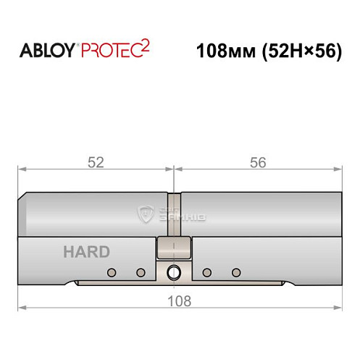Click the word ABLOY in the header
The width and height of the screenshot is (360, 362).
pyautogui.click(x=46, y=51)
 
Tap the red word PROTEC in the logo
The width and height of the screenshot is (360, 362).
pyautogui.click(x=110, y=51)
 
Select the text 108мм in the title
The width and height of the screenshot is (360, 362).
pyautogui.click(x=224, y=51)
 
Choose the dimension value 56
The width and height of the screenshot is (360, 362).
pyautogui.click(x=257, y=163)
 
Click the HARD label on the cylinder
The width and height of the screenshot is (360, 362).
pyautogui.click(x=87, y=252)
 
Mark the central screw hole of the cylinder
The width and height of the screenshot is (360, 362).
pyautogui.click(x=174, y=273)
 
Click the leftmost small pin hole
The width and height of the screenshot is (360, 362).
pyautogui.click(x=112, y=273)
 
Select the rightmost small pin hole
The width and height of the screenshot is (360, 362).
pyautogui.click(x=235, y=273)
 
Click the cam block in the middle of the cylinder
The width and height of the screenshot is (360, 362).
pyautogui.click(x=174, y=248)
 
